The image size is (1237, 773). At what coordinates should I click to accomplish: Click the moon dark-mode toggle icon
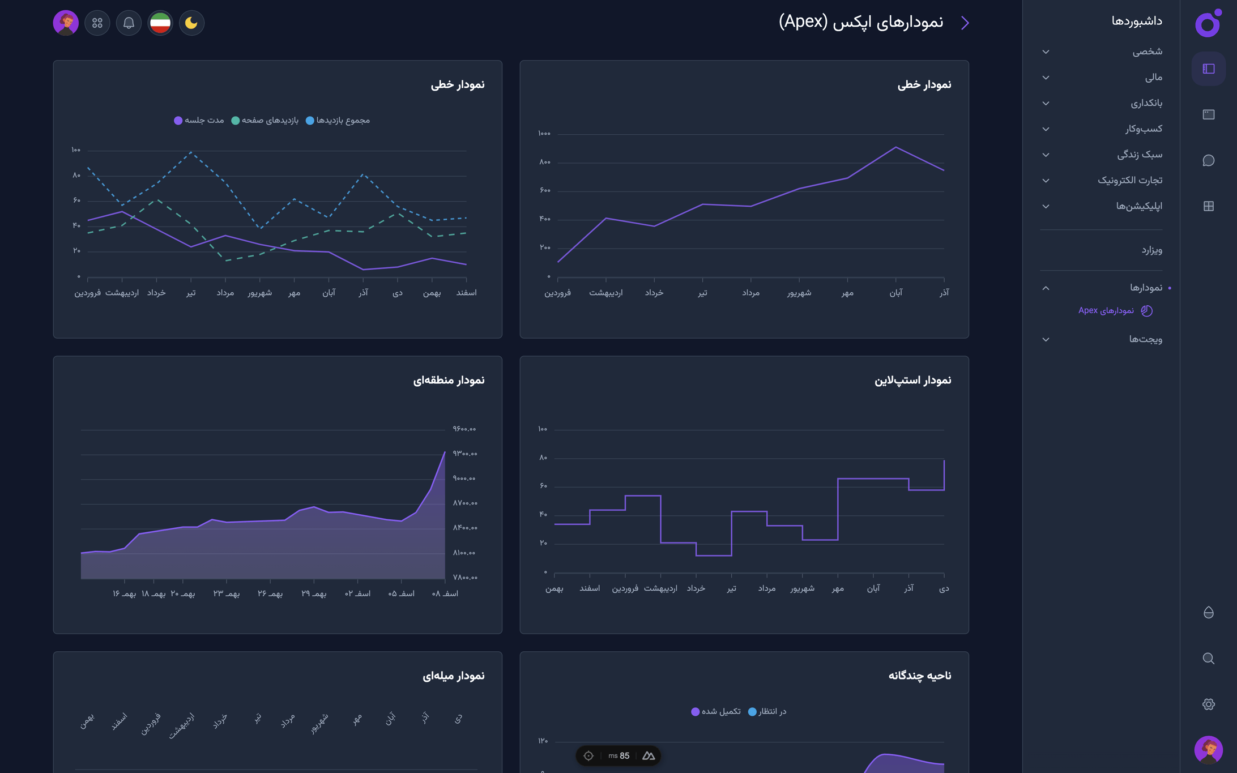(x=191, y=23)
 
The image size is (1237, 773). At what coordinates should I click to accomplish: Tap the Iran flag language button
(x=160, y=23)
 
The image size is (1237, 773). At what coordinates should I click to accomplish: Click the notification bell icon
(x=129, y=23)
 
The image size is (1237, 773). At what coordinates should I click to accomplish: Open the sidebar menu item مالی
(x=1153, y=78)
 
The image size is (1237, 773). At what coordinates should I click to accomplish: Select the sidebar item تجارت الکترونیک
(x=1130, y=180)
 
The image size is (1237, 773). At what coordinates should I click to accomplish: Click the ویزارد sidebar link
(x=1151, y=250)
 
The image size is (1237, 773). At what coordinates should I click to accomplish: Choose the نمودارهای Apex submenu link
(x=1106, y=310)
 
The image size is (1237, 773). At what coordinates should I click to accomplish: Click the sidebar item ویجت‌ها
(x=1145, y=339)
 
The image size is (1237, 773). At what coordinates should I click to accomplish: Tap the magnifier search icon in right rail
(x=1208, y=659)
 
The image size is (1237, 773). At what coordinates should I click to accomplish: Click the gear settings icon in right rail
(x=1208, y=704)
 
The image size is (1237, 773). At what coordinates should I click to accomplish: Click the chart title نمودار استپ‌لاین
(x=912, y=381)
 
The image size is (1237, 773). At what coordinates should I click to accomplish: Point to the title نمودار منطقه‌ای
(x=449, y=381)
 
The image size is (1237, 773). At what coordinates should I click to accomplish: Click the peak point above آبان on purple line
(x=895, y=147)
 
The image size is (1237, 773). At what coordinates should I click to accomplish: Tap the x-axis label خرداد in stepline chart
(x=696, y=589)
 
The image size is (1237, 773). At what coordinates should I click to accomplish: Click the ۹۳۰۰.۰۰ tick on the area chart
(x=464, y=454)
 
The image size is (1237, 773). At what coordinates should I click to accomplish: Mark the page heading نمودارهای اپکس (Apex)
(x=861, y=22)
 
